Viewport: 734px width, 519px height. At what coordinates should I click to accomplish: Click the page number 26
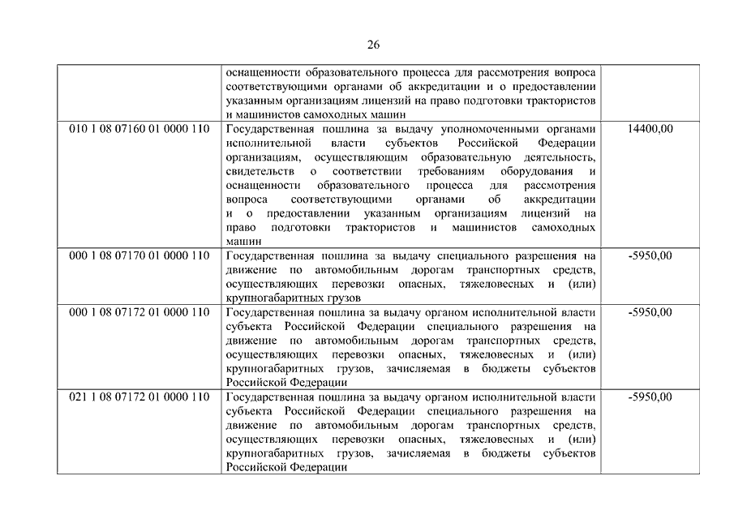[x=372, y=44]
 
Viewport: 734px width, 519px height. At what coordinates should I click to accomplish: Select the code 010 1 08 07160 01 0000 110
[x=139, y=128]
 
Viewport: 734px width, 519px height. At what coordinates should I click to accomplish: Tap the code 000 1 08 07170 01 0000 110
[x=139, y=255]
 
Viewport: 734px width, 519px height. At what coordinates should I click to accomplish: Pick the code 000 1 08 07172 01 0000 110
[x=139, y=313]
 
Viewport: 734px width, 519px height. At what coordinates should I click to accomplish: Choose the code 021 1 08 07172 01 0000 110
[x=139, y=397]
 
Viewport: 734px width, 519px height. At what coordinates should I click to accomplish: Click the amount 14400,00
[x=650, y=128]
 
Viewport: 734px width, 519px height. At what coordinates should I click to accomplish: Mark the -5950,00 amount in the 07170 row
[x=650, y=255]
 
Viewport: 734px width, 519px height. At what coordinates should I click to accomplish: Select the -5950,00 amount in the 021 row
[x=650, y=397]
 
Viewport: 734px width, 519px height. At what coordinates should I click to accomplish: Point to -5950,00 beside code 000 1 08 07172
[x=650, y=313]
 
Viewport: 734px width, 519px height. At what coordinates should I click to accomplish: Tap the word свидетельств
[x=257, y=171]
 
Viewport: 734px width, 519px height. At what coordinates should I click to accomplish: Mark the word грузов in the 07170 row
[x=322, y=298]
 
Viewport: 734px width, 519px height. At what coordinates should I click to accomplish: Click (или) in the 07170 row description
[x=581, y=285]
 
